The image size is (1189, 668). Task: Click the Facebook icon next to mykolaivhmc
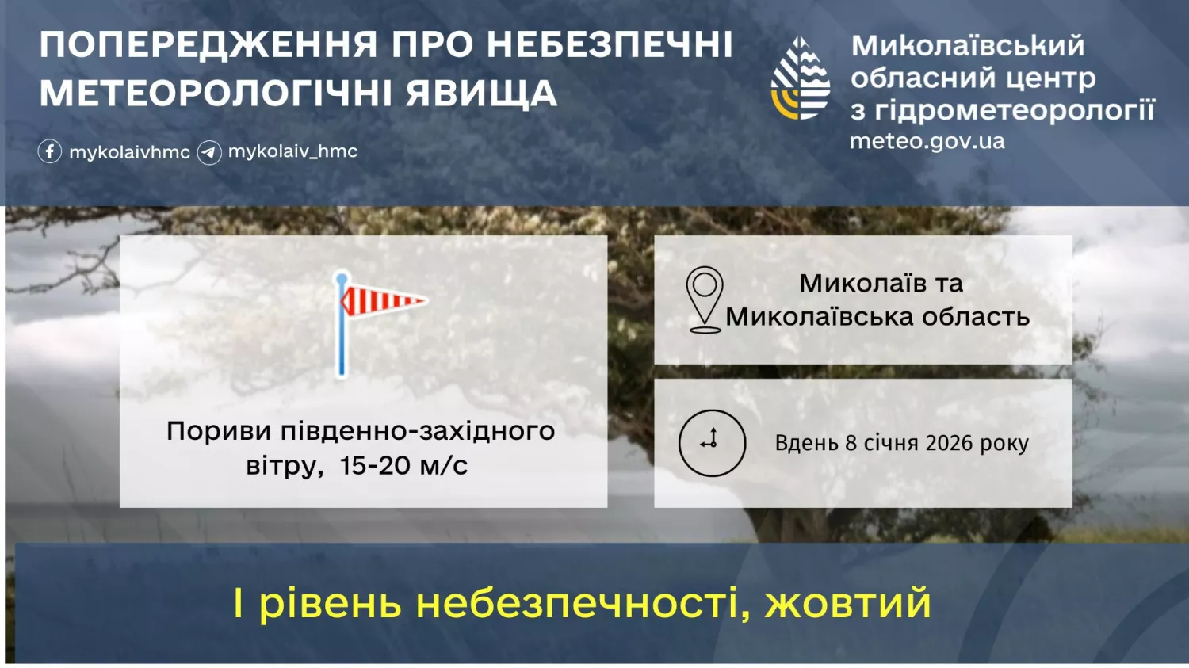click(x=50, y=151)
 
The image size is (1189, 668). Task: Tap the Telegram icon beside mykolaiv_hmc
click(x=209, y=151)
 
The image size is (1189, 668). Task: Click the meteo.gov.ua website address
click(x=927, y=141)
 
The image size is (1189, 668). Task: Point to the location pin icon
click(x=704, y=299)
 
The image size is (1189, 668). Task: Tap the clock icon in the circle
click(x=712, y=442)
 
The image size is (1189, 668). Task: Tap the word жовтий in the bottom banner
click(x=847, y=603)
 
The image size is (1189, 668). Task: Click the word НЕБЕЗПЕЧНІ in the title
click(x=610, y=45)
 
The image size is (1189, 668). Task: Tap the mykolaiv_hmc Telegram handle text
click(x=292, y=151)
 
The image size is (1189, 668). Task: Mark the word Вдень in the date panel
click(x=806, y=443)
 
